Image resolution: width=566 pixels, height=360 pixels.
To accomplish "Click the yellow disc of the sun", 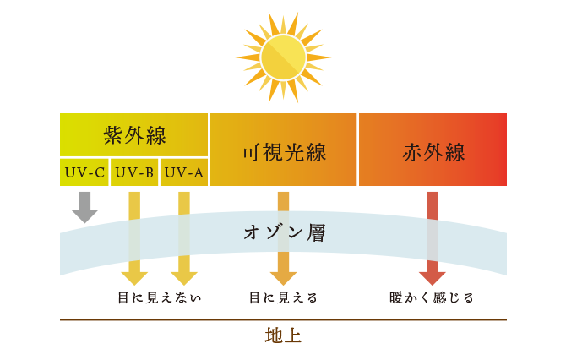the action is [x=283, y=57].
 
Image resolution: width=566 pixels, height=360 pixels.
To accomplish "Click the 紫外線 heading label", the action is [x=134, y=135].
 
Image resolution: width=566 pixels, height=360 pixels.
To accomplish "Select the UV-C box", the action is [x=84, y=172].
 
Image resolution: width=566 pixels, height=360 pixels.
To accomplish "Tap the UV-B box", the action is [x=134, y=172].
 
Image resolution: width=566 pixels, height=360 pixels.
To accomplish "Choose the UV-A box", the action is [x=184, y=172].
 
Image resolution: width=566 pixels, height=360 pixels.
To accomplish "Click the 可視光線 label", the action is [x=284, y=152].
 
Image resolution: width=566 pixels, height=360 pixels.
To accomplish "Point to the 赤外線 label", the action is [x=433, y=152].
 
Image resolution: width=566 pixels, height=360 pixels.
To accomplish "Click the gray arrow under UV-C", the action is [x=84, y=207].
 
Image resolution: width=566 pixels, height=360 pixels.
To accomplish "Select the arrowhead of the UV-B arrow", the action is [x=134, y=278].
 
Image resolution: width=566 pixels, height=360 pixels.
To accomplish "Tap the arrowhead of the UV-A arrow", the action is [x=184, y=278].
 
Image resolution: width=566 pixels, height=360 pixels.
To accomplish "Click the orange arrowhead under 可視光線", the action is [x=283, y=278].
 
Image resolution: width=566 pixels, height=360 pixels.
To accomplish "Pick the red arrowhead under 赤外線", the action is [x=433, y=278].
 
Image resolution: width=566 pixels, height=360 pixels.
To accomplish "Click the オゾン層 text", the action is [x=285, y=232].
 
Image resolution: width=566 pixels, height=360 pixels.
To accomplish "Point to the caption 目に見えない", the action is [x=159, y=298].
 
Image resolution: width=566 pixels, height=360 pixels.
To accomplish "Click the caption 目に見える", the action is [x=283, y=298].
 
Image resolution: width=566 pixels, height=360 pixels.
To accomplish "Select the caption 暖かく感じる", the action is [x=432, y=298].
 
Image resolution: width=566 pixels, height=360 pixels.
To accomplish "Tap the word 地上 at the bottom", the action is [x=283, y=335].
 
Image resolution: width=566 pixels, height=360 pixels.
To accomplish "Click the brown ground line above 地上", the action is [x=283, y=320].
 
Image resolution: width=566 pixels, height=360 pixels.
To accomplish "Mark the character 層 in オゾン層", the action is [x=316, y=232].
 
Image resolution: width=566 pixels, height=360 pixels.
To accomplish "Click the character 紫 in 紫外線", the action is [x=113, y=135].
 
